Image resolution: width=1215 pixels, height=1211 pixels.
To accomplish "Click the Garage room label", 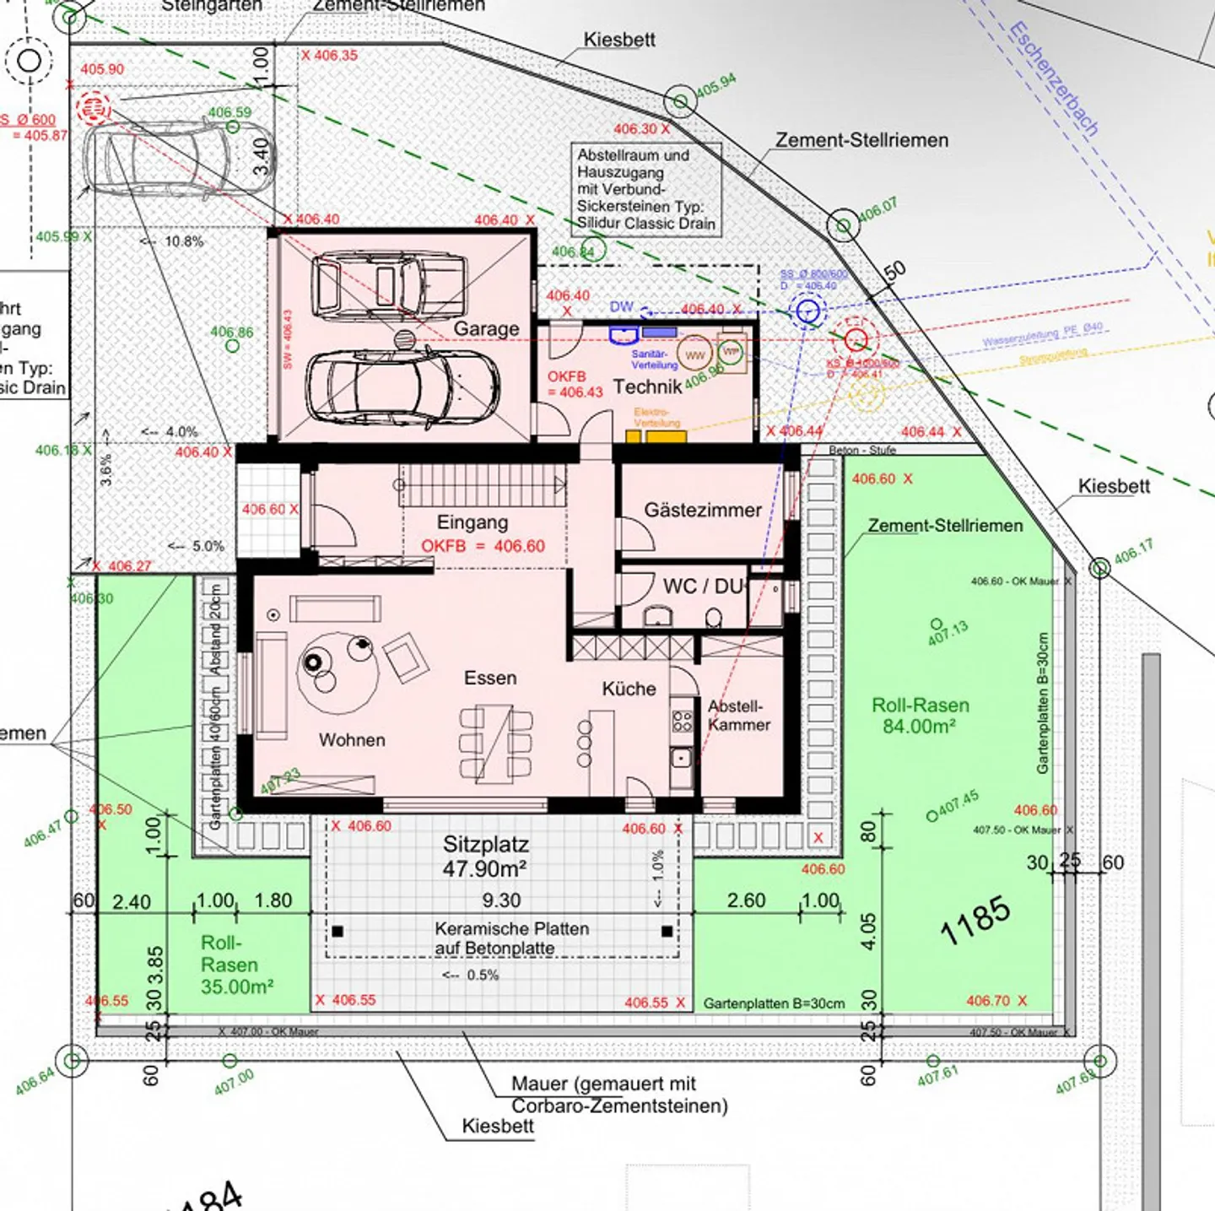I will (486, 328).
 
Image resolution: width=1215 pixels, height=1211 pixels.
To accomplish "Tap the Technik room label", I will (647, 387).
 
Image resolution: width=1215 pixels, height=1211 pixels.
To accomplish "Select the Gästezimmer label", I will (702, 510).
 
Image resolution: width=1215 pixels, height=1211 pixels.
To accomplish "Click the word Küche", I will (629, 689).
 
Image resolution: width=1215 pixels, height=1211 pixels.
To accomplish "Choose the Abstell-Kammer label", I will (738, 715).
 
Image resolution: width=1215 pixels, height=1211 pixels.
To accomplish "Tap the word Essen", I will (490, 678).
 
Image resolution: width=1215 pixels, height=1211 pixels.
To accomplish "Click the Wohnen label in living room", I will (352, 740).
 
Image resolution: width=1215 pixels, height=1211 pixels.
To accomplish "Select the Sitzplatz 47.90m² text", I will (486, 856).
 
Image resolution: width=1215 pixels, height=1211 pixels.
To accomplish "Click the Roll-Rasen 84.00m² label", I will (920, 716).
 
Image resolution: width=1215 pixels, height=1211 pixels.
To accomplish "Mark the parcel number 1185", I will (975, 920).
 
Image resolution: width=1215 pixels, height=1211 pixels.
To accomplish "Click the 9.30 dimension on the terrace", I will (501, 900).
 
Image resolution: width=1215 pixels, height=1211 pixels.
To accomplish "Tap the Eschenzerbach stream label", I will (1054, 79).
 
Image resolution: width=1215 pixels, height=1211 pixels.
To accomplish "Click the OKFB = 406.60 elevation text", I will (483, 546).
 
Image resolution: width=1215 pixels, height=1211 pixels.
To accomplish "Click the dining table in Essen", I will (497, 743).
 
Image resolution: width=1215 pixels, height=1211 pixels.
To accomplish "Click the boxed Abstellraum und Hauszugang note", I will (645, 189).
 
